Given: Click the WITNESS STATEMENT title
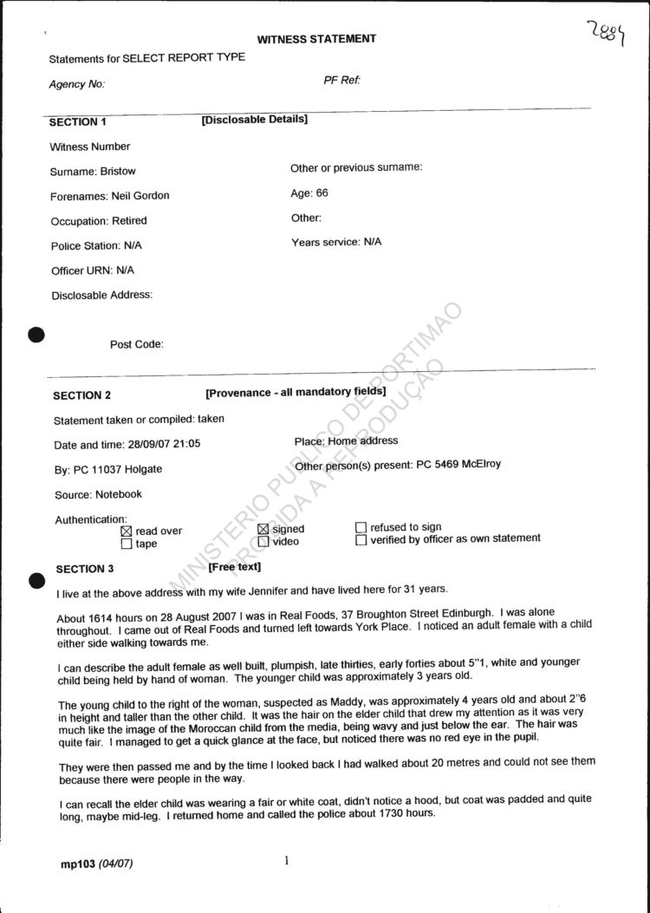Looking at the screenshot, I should [316, 39].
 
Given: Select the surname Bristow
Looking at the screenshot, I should [118, 172].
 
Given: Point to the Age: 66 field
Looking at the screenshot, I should [309, 193].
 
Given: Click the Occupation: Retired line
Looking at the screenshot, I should [99, 221].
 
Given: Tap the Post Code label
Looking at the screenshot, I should [136, 344].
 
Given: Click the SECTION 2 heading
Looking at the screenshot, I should [82, 395].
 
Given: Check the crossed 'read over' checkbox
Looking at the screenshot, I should [127, 531].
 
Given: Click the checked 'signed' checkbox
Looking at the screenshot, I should [263, 529].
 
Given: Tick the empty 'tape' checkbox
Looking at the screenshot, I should [127, 545].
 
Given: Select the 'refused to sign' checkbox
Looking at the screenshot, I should [361, 526].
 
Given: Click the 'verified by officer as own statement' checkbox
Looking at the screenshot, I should [361, 539].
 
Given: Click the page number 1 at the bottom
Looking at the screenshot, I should [286, 861].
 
